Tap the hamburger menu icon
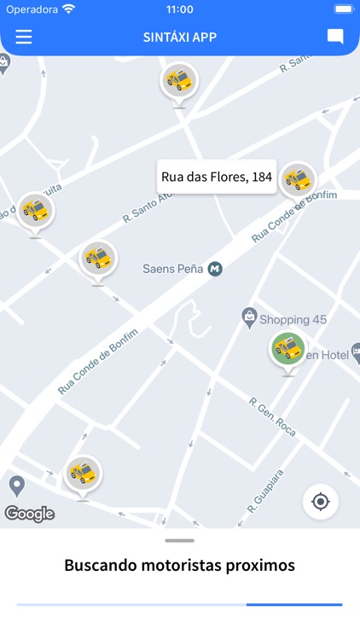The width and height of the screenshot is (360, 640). coord(23,37)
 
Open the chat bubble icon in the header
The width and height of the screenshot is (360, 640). coord(335,37)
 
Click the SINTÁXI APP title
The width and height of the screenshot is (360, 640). coord(180,38)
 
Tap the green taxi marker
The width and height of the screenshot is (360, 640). coord(287,348)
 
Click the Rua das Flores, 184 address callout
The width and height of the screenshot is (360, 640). coord(217,177)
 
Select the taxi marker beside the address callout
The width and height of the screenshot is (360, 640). coord(298,179)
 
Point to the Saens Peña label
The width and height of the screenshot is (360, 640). coord(172,269)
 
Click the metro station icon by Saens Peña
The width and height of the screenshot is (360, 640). coord(215,269)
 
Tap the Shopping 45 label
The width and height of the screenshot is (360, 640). coord(293,320)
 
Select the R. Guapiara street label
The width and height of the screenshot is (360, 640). coord(264,490)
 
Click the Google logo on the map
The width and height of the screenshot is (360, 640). coord(30,514)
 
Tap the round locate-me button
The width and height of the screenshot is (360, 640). coord(321,501)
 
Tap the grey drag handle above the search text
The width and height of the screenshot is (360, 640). coord(180,540)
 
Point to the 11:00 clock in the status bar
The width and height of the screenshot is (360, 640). coord(180,9)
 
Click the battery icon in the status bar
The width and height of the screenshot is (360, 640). coord(343,9)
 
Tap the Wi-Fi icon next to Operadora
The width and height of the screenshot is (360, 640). coord(68,9)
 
